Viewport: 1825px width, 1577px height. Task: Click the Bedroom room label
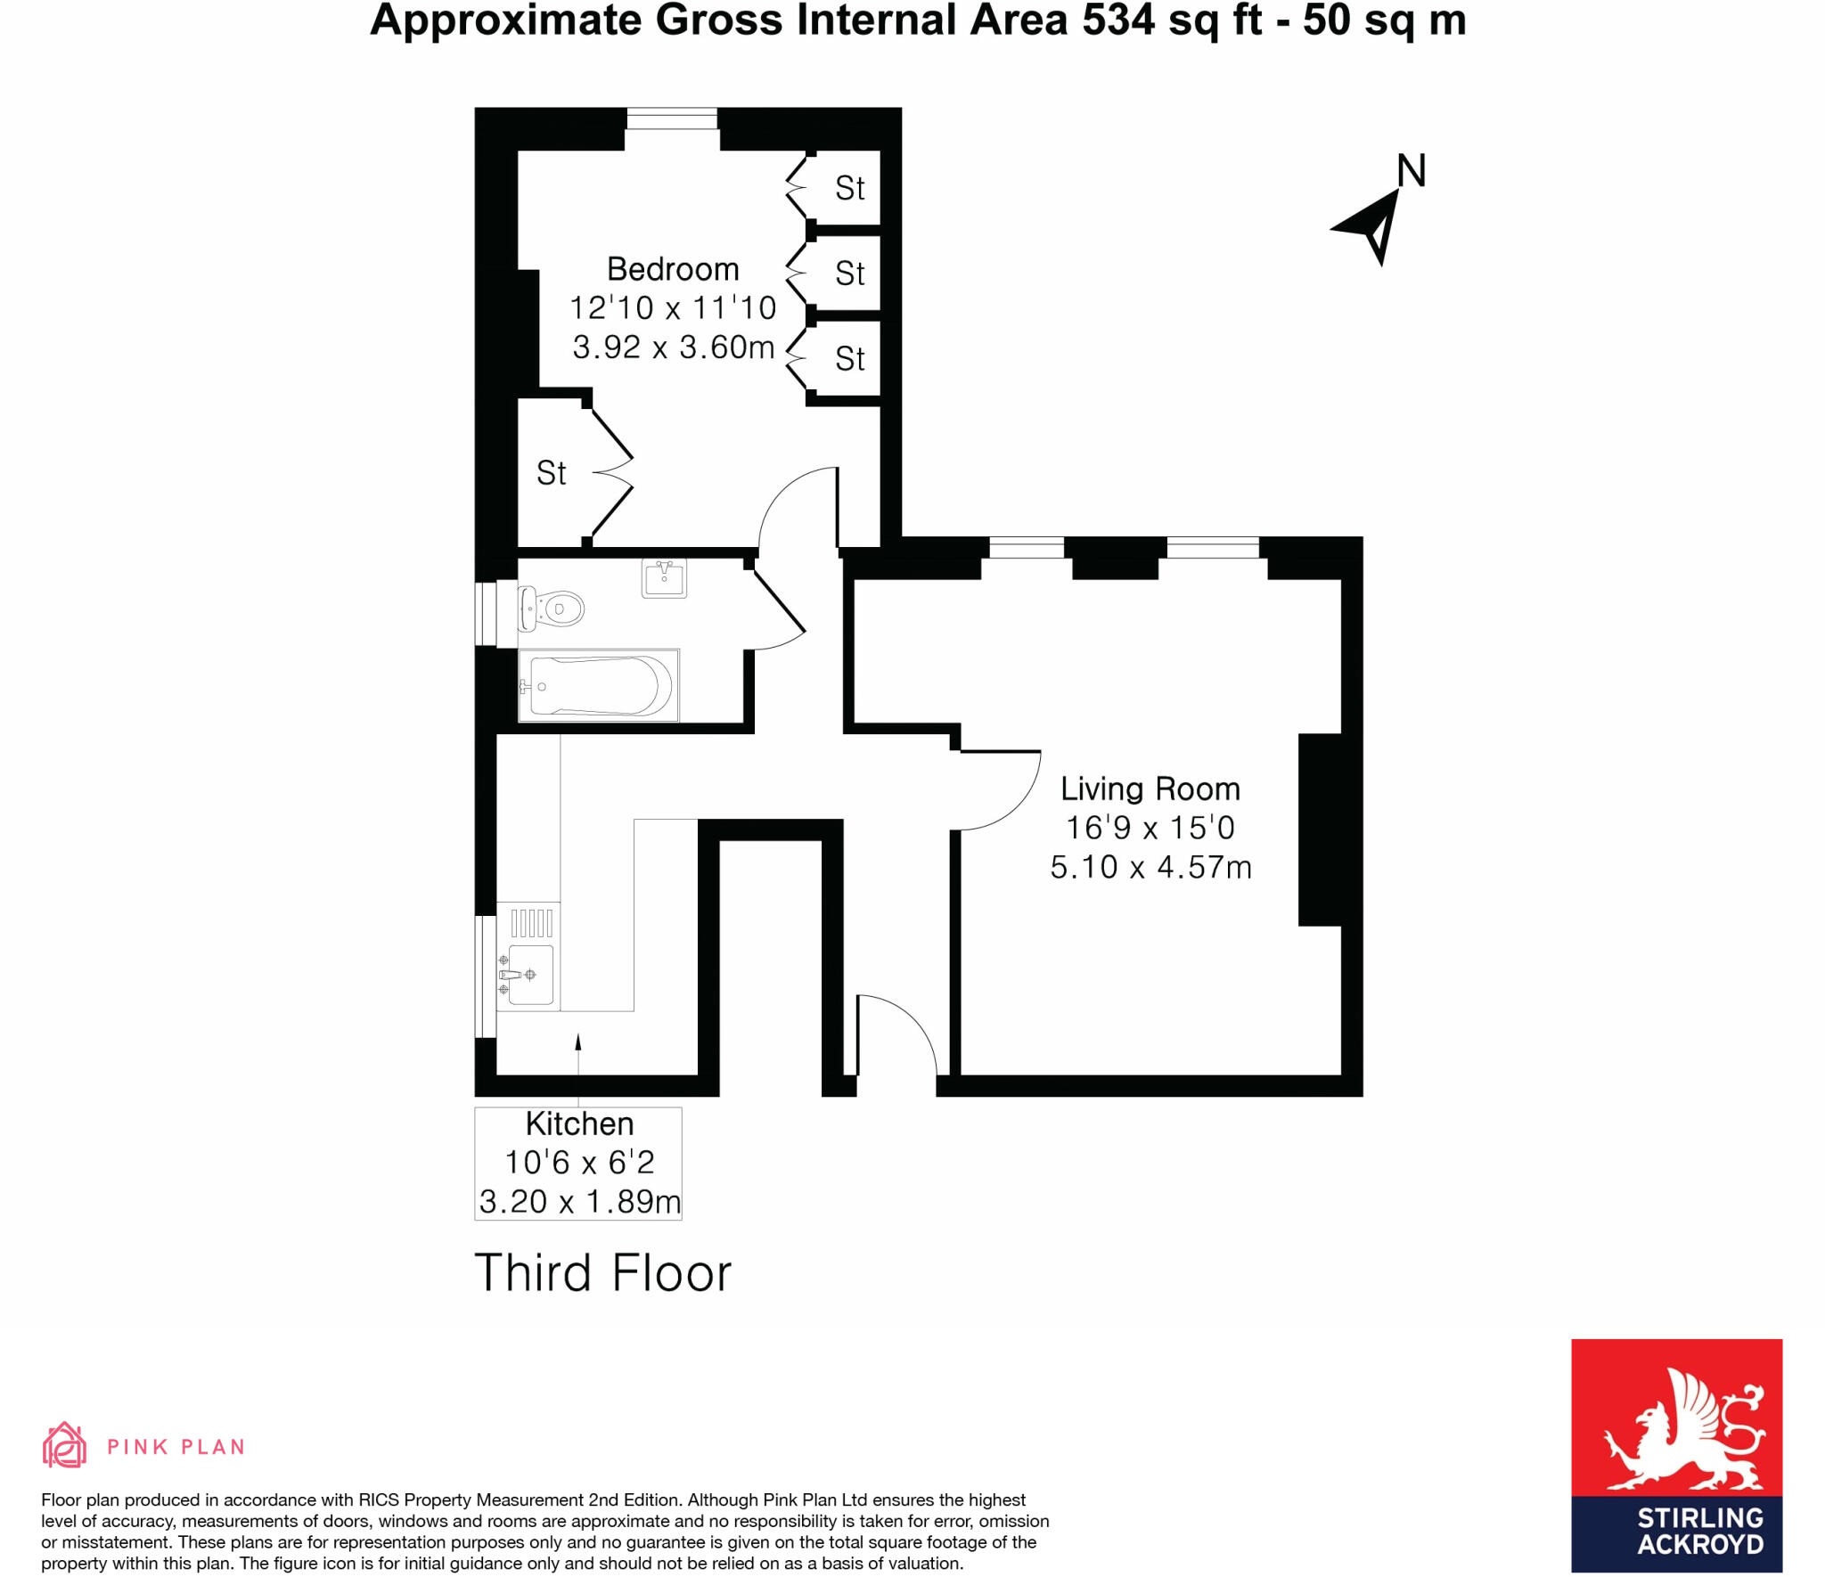[x=673, y=269]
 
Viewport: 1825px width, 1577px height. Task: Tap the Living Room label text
[x=1150, y=789]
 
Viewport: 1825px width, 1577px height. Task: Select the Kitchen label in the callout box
[x=579, y=1124]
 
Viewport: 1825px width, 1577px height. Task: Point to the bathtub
[x=598, y=685]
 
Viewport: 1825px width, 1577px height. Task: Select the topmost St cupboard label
[x=849, y=189]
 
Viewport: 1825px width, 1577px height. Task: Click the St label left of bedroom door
[x=551, y=473]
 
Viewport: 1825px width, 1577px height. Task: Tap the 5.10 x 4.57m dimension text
[x=1150, y=867]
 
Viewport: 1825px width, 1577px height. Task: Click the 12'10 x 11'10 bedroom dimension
[x=673, y=308]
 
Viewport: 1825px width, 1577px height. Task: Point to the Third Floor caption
[x=602, y=1272]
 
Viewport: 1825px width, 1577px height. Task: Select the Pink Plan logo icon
[x=64, y=1445]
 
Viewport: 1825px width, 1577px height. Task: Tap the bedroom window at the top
[x=672, y=118]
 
